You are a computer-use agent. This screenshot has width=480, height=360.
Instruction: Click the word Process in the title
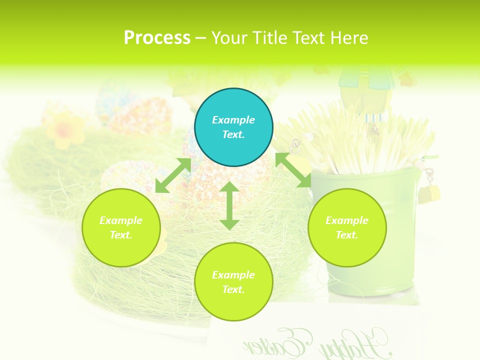pyautogui.click(x=157, y=38)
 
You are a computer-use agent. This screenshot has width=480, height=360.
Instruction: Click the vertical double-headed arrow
pyautogui.click(x=229, y=205)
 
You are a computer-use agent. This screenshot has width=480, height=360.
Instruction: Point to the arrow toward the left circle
pyautogui.click(x=173, y=175)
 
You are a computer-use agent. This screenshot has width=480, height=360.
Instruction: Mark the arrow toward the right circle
pyautogui.click(x=293, y=170)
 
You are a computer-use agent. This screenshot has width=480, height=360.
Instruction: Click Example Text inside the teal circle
pyautogui.click(x=233, y=127)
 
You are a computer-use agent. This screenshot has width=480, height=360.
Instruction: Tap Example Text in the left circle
pyautogui.click(x=121, y=227)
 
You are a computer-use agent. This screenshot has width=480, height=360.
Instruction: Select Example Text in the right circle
pyautogui.click(x=347, y=227)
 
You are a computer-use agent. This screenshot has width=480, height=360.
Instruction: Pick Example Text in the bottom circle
pyautogui.click(x=233, y=282)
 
